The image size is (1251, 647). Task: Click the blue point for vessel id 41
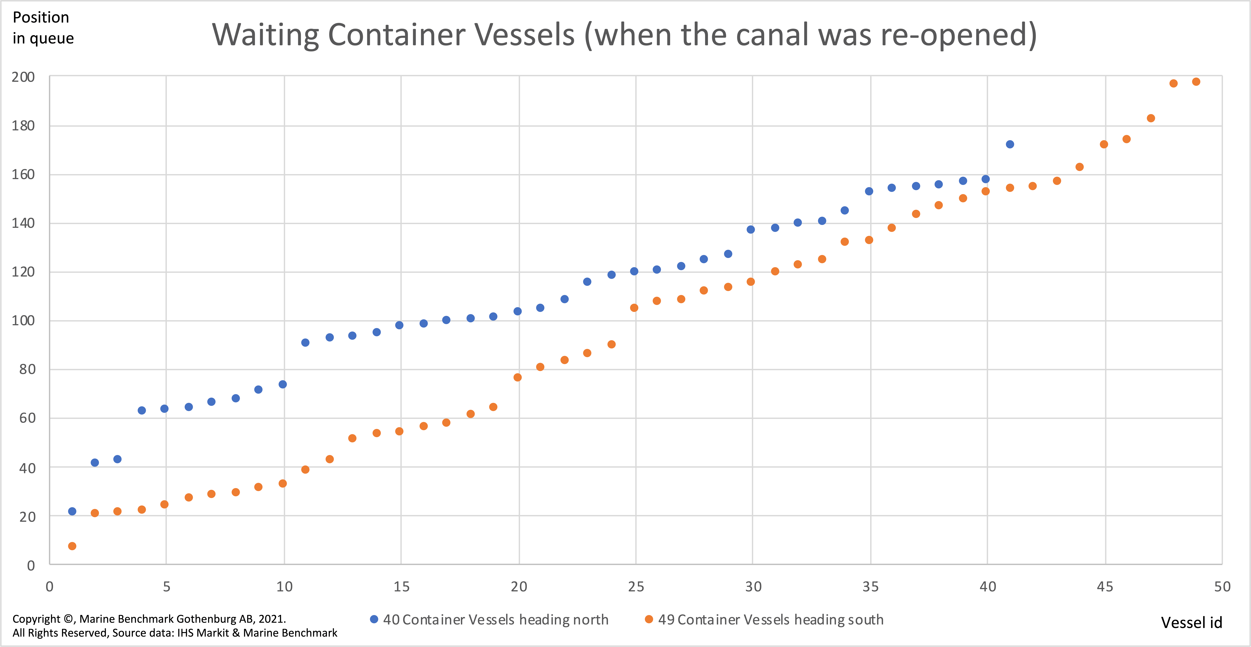[x=1010, y=144]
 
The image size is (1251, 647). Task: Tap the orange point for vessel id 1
[x=72, y=546]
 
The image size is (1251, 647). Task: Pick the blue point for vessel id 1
[x=72, y=511]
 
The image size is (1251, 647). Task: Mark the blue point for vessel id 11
[x=305, y=343]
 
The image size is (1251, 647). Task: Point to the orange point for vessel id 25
[x=634, y=308]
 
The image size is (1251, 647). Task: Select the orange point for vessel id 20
[x=517, y=377]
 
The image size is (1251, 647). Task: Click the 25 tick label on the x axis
[x=636, y=587]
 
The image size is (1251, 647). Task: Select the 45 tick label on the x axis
[x=1105, y=587]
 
